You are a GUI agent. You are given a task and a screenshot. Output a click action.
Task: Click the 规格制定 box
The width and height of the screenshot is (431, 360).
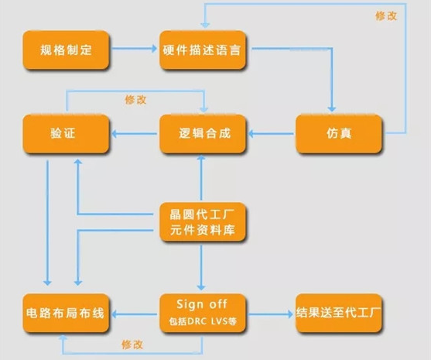[x=66, y=50]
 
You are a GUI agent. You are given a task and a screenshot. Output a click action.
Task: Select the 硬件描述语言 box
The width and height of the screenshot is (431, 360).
[x=203, y=50]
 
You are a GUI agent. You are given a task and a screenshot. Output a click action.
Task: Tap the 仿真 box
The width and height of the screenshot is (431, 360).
[x=339, y=134]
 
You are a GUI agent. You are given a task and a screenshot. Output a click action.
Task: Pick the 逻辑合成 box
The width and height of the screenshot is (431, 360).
[x=203, y=134]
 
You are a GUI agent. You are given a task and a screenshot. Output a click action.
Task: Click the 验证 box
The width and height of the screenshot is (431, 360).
[x=66, y=134]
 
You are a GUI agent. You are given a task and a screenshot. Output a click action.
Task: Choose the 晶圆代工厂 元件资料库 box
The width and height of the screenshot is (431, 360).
[x=203, y=222]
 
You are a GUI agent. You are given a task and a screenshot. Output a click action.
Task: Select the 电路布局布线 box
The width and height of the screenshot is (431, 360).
[x=66, y=313]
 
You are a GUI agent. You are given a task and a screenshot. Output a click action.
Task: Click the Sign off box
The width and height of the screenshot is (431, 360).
[x=203, y=313]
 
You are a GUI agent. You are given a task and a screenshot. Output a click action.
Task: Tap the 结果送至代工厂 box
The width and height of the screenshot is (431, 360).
[x=339, y=313]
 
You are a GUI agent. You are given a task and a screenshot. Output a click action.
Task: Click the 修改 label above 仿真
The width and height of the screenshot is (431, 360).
[x=386, y=16]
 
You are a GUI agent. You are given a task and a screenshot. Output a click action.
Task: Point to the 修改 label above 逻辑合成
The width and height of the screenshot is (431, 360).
[x=135, y=100]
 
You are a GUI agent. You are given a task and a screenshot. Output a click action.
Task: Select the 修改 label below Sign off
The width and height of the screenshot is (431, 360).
[x=132, y=345]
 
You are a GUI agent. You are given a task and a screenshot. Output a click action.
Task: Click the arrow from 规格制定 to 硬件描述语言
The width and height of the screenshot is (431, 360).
[x=134, y=49]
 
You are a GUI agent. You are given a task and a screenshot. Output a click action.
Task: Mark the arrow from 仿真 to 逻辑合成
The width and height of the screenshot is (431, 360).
[x=271, y=134]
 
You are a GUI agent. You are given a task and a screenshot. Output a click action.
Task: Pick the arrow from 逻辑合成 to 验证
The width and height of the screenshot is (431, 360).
[x=134, y=134]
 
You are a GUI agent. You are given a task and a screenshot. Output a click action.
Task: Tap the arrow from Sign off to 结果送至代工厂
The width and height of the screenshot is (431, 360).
[x=270, y=314]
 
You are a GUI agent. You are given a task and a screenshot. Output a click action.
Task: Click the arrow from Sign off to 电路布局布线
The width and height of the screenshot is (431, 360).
[x=134, y=314]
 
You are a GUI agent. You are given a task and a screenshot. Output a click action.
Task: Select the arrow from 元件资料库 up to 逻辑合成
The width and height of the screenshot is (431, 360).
[x=201, y=177]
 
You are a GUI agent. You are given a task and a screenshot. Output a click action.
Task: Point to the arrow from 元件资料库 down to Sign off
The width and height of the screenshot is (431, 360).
[x=201, y=268]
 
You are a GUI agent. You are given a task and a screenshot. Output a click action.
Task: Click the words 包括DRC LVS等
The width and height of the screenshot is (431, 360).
[x=203, y=321]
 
